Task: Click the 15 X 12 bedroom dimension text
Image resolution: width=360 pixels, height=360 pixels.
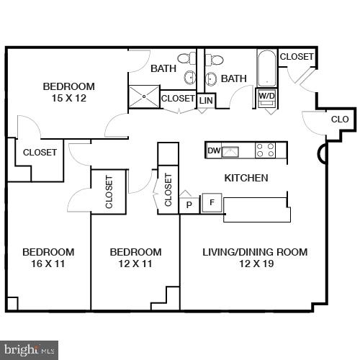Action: pyautogui.click(x=68, y=98)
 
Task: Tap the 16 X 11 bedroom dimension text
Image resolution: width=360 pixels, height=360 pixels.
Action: pyautogui.click(x=48, y=264)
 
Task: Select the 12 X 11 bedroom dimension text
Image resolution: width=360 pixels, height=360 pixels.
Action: pyautogui.click(x=135, y=264)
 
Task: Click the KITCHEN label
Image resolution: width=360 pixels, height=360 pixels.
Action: pyautogui.click(x=246, y=178)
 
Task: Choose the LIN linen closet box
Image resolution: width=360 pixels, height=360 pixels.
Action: pyautogui.click(x=206, y=101)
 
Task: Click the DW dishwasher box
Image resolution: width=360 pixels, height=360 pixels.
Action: pyautogui.click(x=213, y=150)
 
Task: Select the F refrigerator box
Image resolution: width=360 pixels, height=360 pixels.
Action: pyautogui.click(x=212, y=202)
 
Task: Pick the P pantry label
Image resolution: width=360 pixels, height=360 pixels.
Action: pyautogui.click(x=189, y=204)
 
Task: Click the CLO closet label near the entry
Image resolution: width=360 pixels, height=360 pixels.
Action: pyautogui.click(x=340, y=120)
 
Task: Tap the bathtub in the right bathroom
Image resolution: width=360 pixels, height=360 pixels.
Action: pyautogui.click(x=266, y=68)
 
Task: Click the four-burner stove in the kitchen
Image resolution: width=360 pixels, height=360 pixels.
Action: pyautogui.click(x=266, y=150)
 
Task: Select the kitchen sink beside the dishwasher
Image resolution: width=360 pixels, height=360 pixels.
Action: pyautogui.click(x=230, y=150)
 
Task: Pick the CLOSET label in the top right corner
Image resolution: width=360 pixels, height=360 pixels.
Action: pyautogui.click(x=297, y=57)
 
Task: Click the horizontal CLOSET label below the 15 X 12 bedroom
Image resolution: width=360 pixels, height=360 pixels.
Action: pyautogui.click(x=40, y=152)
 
